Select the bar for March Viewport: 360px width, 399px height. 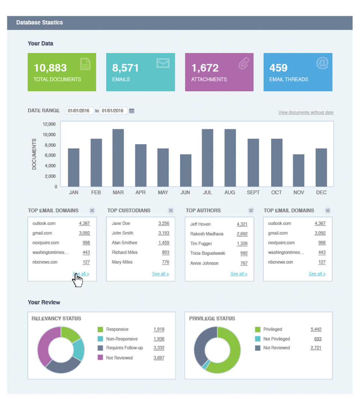[118, 158]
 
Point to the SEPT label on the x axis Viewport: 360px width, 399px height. [253, 193]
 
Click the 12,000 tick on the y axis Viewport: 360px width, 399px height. [49, 124]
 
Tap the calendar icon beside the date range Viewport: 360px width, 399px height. [132, 111]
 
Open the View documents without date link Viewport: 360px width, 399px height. [306, 112]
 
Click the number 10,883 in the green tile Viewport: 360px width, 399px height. [50, 68]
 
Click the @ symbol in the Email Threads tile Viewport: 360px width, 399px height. [322, 63]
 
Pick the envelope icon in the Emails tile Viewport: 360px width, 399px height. [163, 63]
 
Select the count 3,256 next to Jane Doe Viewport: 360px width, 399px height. [163, 223]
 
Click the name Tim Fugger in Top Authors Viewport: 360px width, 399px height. [201, 244]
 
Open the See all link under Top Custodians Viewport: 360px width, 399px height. [160, 274]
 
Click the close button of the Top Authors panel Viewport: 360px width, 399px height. [251, 211]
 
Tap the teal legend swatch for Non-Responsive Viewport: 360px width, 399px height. [100, 339]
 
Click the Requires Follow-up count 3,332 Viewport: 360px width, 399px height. [159, 348]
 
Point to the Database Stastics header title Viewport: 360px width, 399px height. [39, 23]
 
